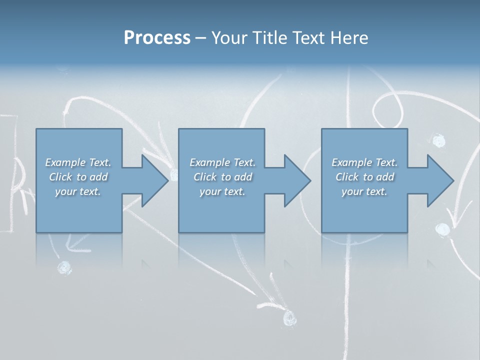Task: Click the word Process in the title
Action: point(157,37)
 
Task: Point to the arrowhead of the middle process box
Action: point(296,180)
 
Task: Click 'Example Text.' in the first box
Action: point(78,162)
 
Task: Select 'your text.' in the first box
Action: point(78,191)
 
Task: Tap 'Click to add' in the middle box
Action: point(222,177)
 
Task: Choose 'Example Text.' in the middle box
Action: point(222,162)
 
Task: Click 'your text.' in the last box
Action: point(364,191)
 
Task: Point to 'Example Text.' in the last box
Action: point(364,162)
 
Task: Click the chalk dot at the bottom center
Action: point(289,317)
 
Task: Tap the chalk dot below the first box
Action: point(64,267)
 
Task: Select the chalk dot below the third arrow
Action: point(442,229)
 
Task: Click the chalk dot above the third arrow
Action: point(438,141)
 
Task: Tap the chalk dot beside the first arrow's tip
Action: point(174,174)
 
